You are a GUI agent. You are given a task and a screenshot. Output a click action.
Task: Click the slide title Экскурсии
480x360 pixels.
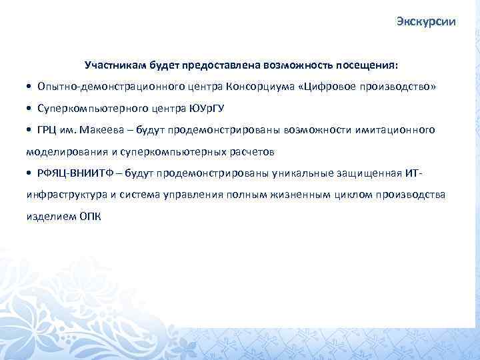click(x=425, y=22)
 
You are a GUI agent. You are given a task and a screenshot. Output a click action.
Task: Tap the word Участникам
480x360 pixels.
click(x=111, y=67)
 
